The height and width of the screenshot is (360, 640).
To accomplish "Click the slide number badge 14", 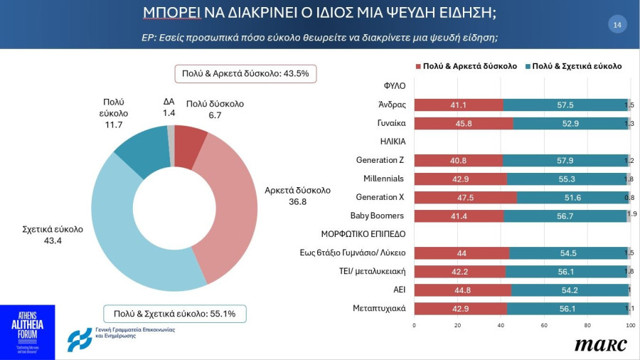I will (x=617, y=25).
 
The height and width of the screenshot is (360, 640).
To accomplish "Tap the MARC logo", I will (x=601, y=345).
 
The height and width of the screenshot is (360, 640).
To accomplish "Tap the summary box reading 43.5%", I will (x=245, y=74).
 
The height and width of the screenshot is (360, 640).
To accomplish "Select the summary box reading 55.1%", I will (x=174, y=313).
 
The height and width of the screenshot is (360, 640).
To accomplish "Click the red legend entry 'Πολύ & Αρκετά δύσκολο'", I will (x=466, y=66).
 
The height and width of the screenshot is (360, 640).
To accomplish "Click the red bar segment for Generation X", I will (x=465, y=197).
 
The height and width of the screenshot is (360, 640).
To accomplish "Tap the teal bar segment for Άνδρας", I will (x=565, y=105).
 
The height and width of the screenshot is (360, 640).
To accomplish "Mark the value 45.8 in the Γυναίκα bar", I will (x=463, y=123).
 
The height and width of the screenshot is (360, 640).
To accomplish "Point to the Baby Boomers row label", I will (x=377, y=216).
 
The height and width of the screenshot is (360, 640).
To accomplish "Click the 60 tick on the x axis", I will (x=544, y=325).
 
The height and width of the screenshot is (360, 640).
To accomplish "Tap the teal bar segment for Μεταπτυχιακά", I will (x=567, y=308).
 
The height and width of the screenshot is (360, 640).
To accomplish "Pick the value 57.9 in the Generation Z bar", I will (x=565, y=160).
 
